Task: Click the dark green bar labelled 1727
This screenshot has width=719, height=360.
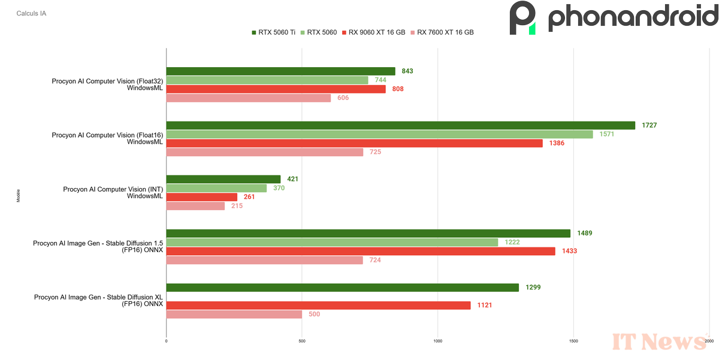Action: pyautogui.click(x=400, y=125)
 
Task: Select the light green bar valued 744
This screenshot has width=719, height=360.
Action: pyautogui.click(x=267, y=80)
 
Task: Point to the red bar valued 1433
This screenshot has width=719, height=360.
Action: pyautogui.click(x=361, y=251)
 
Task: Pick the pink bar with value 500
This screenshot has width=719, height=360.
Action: pyautogui.click(x=234, y=314)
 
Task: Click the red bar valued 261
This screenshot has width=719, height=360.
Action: pyautogui.click(x=201, y=197)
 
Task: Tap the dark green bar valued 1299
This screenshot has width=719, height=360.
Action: pyautogui.click(x=342, y=288)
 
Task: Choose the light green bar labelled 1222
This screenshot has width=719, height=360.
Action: pyautogui.click(x=332, y=242)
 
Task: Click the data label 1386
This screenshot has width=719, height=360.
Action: pyautogui.click(x=557, y=143)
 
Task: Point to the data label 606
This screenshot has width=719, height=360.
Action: pyautogui.click(x=343, y=98)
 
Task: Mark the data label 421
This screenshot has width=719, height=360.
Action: pyautogui.click(x=292, y=179)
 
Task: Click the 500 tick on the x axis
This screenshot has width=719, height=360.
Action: pyautogui.click(x=302, y=341)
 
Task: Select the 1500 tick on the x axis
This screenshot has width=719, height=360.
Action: pyautogui.click(x=573, y=341)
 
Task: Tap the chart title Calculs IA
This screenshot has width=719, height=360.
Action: pyautogui.click(x=31, y=13)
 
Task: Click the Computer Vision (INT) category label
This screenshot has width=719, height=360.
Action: pyautogui.click(x=113, y=192)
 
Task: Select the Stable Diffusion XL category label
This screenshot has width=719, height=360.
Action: pyautogui.click(x=98, y=301)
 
